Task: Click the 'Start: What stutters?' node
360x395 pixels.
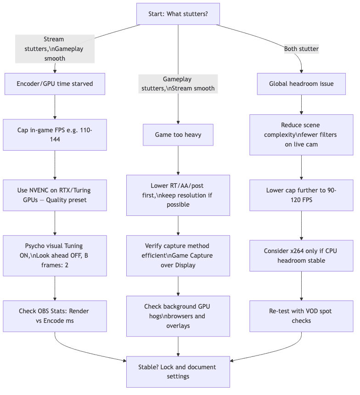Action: pyautogui.click(x=178, y=14)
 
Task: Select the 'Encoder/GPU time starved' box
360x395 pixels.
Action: pyautogui.click(x=55, y=84)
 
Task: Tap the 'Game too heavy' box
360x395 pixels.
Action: pyautogui.click(x=178, y=135)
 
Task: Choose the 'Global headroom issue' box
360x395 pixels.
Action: pyautogui.click(x=301, y=84)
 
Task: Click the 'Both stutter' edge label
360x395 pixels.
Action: pyautogui.click(x=301, y=49)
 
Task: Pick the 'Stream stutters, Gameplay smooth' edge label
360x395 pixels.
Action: pyautogui.click(x=55, y=49)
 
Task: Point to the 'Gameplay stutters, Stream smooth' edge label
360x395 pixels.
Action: pyautogui.click(x=178, y=84)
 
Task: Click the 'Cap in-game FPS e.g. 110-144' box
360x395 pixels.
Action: pyautogui.click(x=55, y=135)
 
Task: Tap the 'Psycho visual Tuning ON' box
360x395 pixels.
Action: pyautogui.click(x=55, y=256)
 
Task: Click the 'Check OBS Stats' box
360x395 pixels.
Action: pyautogui.click(x=55, y=316)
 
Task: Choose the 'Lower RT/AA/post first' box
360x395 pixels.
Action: pyautogui.click(x=178, y=195)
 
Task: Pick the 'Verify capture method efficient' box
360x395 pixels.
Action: pyautogui.click(x=178, y=256)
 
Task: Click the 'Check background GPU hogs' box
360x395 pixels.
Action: pyautogui.click(x=178, y=316)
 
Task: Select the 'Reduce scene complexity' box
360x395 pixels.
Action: pyautogui.click(x=301, y=135)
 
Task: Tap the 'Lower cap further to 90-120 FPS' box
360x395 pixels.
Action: pyautogui.click(x=301, y=195)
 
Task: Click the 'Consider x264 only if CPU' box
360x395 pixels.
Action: pyautogui.click(x=301, y=255)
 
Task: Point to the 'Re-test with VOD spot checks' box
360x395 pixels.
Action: pyautogui.click(x=301, y=316)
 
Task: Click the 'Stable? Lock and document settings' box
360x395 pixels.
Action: pyautogui.click(x=178, y=372)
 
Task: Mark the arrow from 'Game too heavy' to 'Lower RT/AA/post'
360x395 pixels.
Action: pyautogui.click(x=178, y=161)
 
